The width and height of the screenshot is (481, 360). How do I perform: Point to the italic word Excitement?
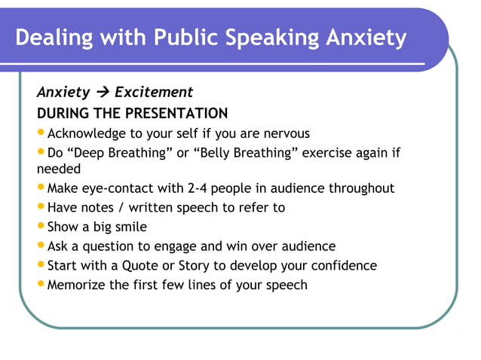pyautogui.click(x=154, y=93)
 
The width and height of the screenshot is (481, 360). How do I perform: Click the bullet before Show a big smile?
pyautogui.click(x=41, y=226)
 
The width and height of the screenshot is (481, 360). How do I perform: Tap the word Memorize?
pyautogui.click(x=79, y=285)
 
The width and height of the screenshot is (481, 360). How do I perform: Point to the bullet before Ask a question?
pyautogui.click(x=41, y=246)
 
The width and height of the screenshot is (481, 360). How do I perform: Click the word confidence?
pyautogui.click(x=343, y=265)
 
